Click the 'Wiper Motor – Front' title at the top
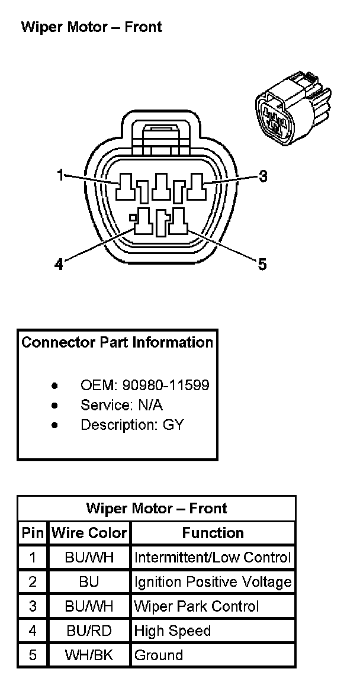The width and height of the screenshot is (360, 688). click(x=91, y=27)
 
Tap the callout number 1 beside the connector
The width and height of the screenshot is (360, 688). click(x=60, y=175)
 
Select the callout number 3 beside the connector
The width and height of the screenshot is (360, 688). click(x=263, y=176)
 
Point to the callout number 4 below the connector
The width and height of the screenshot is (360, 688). click(x=59, y=264)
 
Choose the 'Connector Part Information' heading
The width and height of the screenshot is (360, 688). click(x=117, y=342)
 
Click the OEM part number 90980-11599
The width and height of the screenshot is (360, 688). click(x=166, y=385)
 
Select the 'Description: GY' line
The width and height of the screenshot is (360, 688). click(x=132, y=425)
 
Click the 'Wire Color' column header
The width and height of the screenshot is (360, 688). click(x=89, y=533)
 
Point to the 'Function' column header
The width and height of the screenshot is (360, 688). click(x=213, y=533)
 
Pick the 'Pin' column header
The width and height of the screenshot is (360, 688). click(x=33, y=533)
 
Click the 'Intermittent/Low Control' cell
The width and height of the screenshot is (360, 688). click(x=213, y=557)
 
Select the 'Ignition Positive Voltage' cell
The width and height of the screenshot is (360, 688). click(x=213, y=581)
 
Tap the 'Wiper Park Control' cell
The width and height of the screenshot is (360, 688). click(x=197, y=606)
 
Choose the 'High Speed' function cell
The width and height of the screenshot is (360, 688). click(x=172, y=631)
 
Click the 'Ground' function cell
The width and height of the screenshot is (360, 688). click(x=159, y=655)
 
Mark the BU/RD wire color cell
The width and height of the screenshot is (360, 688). click(x=89, y=631)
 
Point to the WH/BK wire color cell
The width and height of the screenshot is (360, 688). click(x=89, y=655)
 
